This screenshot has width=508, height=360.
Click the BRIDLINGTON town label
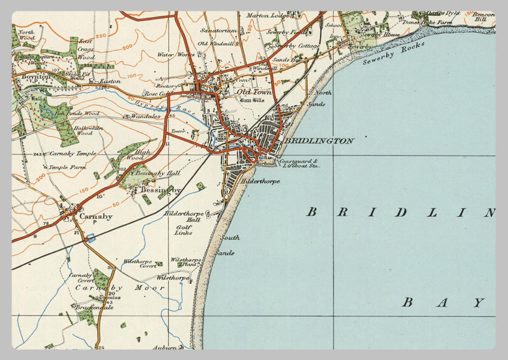pyautogui.click(x=319, y=141)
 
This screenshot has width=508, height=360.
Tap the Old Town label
pyautogui.click(x=254, y=92)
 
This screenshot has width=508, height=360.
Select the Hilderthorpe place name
pyautogui.click(x=260, y=181)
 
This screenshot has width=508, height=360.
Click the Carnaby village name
pyautogui.click(x=96, y=217)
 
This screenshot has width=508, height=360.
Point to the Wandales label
pyautogui.click(x=147, y=117)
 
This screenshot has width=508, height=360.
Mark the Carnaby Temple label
pyautogui.click(x=69, y=154)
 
